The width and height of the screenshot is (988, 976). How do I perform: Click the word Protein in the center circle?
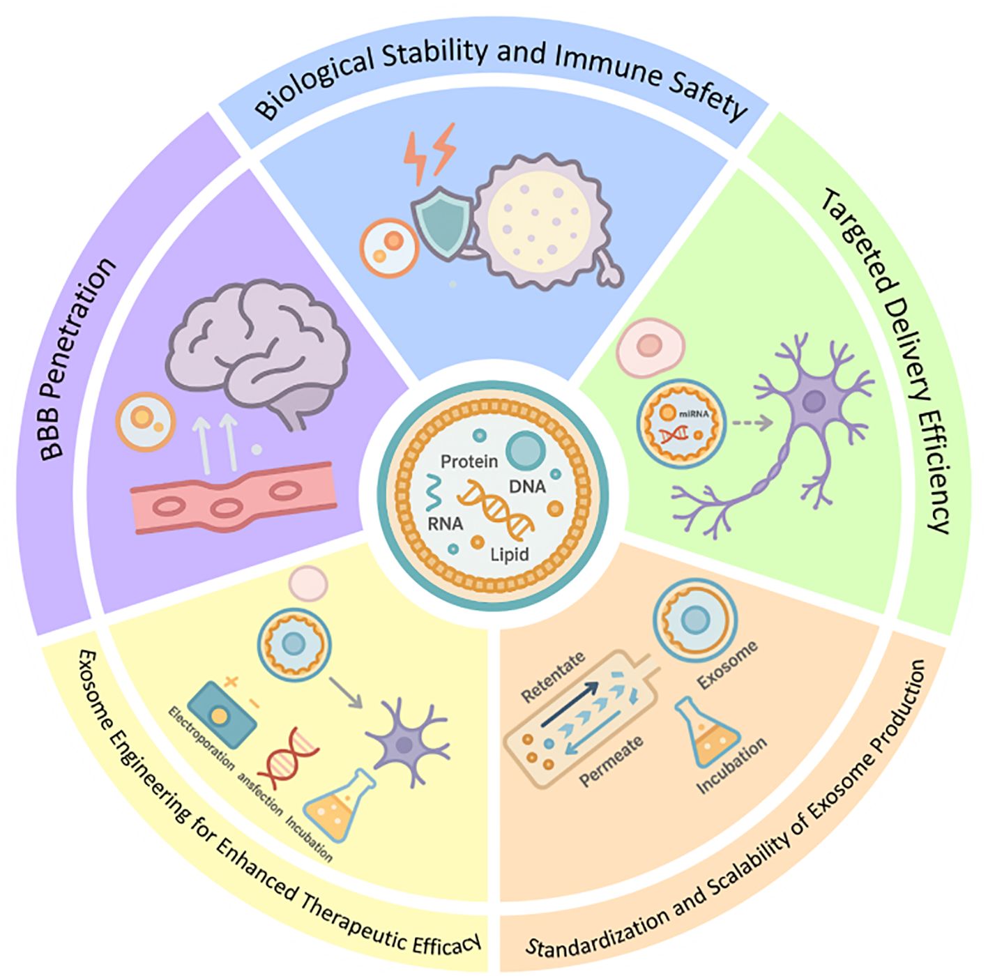[469, 462]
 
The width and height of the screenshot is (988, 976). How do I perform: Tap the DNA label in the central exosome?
[527, 486]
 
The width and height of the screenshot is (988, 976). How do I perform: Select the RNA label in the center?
[445, 523]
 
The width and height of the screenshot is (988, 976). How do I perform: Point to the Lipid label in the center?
[509, 554]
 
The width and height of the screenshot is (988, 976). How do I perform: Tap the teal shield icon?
[440, 220]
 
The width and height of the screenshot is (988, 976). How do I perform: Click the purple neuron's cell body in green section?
[814, 400]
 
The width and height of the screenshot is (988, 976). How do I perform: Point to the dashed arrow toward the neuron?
[753, 422]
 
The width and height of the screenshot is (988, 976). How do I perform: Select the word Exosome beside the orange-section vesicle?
[727, 666]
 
